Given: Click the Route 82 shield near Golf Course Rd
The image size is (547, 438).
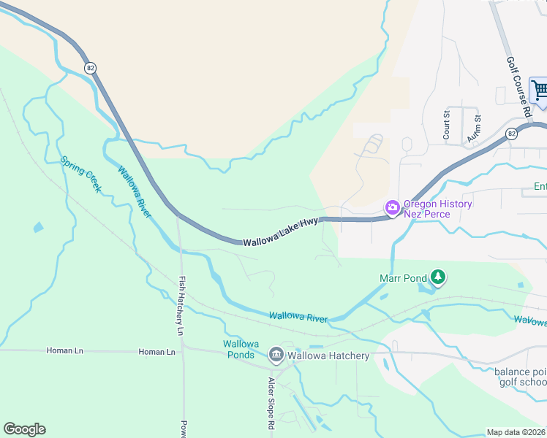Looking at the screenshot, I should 511,134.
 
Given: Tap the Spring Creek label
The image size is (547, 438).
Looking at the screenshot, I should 80,174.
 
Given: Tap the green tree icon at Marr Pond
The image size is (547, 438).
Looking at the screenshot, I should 438,277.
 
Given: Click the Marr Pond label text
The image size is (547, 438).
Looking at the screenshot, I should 402,278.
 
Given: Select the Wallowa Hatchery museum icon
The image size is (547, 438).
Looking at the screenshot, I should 276,356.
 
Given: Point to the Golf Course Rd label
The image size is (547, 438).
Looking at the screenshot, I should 518,88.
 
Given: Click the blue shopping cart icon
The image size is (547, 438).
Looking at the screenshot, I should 540,91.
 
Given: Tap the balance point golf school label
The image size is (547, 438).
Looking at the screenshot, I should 520,377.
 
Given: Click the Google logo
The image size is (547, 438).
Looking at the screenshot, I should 24,429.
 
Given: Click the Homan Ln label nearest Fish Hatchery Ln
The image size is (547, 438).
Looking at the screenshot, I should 157,352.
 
